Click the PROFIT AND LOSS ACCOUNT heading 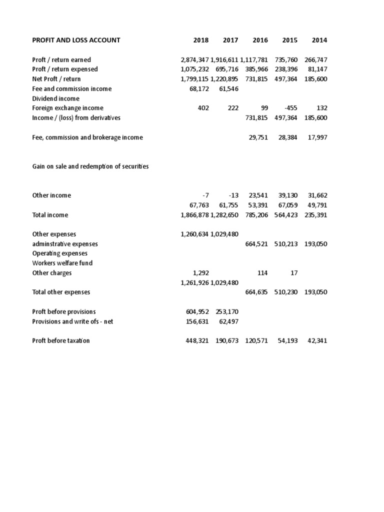[76, 40]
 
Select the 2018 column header [201, 40]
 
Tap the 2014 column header [319, 40]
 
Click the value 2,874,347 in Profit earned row [194, 59]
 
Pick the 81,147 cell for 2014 [316, 69]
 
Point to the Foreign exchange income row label [67, 108]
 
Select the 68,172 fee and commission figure [197, 88]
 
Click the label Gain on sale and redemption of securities [90, 166]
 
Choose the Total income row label [50, 215]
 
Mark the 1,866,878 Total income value [194, 215]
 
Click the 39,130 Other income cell [287, 195]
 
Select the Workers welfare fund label [62, 263]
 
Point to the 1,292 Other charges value [200, 273]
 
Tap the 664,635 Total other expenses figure [256, 292]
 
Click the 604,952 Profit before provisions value [197, 311]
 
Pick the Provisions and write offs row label [73, 321]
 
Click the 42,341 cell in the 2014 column [316, 341]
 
